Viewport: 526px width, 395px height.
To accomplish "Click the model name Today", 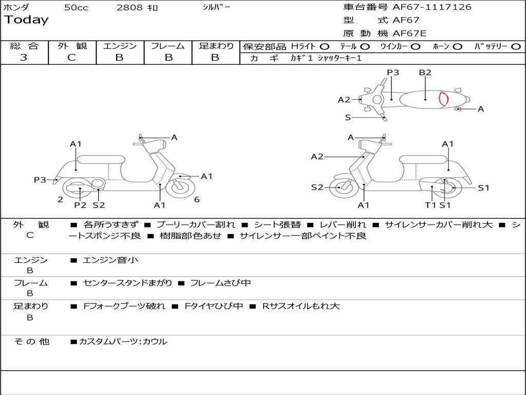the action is [26, 20].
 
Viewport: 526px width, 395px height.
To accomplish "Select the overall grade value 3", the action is [24, 58].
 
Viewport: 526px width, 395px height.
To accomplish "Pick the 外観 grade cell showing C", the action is [72, 58].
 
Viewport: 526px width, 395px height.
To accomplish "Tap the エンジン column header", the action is [120, 46].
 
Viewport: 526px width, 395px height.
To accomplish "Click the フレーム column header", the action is [168, 46].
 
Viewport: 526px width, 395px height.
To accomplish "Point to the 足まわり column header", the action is [216, 46].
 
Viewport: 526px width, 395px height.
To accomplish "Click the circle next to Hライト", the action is [324, 46].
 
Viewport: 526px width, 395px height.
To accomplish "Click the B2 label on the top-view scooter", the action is [425, 73].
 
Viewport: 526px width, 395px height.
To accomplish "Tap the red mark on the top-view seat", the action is [443, 99].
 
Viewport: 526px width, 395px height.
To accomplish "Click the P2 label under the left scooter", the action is [80, 205].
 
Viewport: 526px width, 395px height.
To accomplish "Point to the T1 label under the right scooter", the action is [430, 205].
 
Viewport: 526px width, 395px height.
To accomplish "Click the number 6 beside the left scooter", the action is [197, 200].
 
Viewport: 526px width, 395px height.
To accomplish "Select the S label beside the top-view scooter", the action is [348, 117].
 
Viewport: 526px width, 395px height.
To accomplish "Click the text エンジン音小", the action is [110, 260].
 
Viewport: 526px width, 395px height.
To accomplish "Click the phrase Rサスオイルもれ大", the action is [301, 306].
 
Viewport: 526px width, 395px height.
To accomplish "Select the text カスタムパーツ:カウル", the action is [123, 342].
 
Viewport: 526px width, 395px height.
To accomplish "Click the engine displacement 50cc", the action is [76, 7].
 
